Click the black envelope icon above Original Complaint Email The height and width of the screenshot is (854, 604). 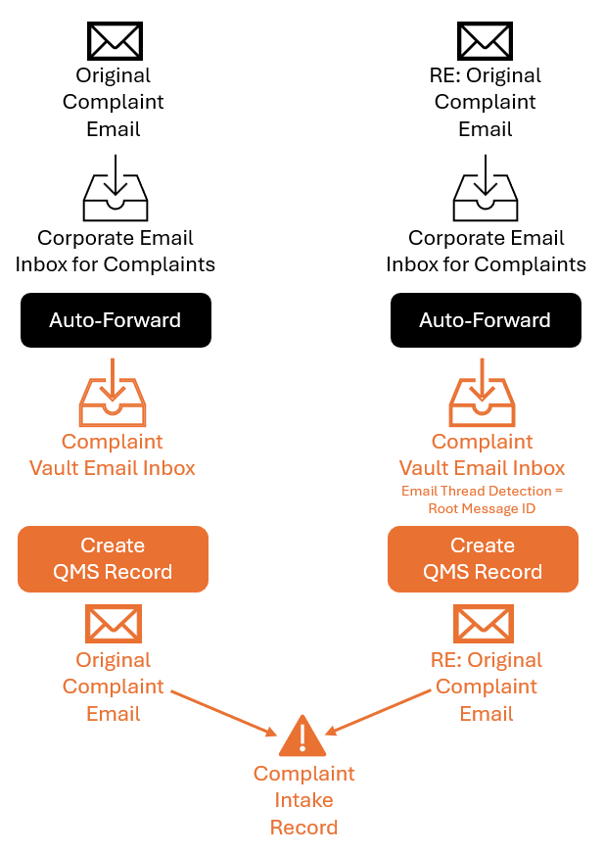click(x=115, y=41)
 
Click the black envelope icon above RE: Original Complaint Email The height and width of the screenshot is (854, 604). click(x=485, y=41)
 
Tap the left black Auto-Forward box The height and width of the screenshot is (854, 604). click(x=116, y=320)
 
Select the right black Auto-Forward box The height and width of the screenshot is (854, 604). click(x=486, y=320)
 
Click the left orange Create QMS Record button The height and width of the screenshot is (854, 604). click(x=113, y=559)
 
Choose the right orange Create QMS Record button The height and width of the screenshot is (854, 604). click(x=483, y=559)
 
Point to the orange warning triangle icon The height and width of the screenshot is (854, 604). click(x=302, y=736)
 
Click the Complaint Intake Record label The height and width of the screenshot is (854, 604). click(x=303, y=800)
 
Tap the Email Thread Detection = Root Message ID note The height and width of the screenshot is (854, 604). click(x=482, y=499)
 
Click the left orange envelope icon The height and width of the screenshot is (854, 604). click(x=114, y=624)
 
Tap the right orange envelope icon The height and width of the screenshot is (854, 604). click(x=484, y=624)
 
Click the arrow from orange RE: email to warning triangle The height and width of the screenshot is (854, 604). click(x=378, y=712)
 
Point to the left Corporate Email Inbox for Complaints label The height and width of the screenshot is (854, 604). click(x=115, y=251)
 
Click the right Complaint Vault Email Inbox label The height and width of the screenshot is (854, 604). click(x=482, y=454)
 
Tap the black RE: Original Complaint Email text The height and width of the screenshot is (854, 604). click(x=486, y=102)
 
